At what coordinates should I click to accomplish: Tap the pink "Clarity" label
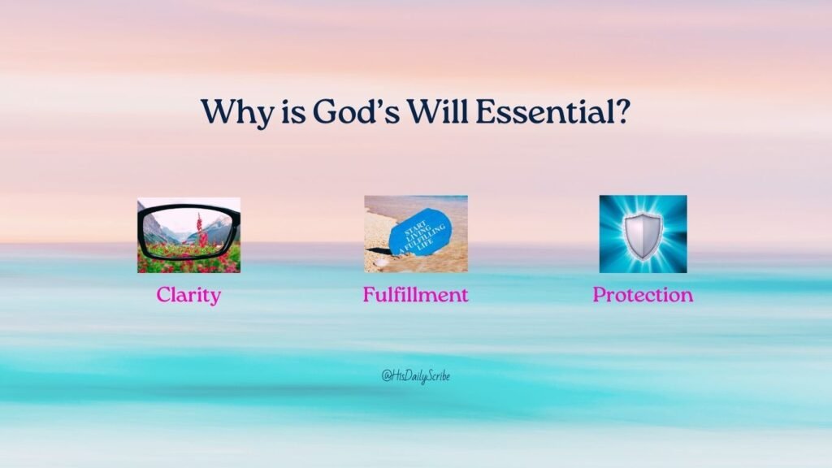[188, 295]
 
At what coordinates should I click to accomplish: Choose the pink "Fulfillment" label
[415, 295]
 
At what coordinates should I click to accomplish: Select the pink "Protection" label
[643, 295]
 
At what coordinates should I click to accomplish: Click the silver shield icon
[643, 236]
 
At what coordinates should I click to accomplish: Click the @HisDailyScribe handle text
[415, 376]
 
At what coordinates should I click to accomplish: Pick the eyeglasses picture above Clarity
[188, 235]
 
